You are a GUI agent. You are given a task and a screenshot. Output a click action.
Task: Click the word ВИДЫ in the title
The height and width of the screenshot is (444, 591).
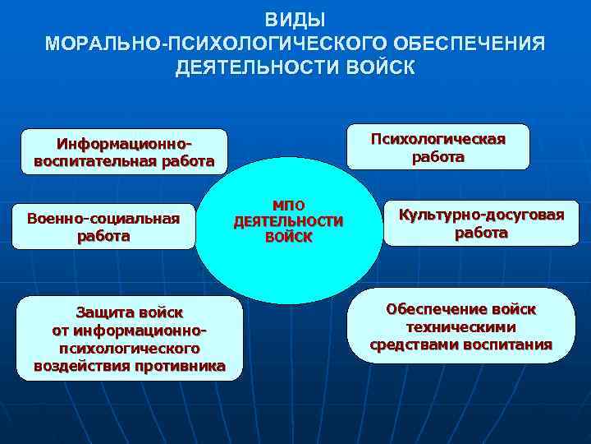point(295,19)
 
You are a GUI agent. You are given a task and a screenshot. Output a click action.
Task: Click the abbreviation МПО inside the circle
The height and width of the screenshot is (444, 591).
point(289,205)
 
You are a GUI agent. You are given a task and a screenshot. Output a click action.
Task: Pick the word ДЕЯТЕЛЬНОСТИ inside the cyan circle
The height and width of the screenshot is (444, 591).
point(289,221)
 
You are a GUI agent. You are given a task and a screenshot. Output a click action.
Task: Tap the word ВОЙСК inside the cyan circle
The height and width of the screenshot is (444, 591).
point(289,238)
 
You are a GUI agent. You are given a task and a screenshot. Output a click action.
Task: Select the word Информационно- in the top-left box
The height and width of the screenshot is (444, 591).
point(124,144)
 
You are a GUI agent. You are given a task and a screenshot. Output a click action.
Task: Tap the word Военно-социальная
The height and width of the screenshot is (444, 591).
point(103,219)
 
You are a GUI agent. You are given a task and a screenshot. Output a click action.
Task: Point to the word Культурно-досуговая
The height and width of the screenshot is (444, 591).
point(481,215)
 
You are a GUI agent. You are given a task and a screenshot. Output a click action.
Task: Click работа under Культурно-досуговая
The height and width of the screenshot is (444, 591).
point(481,233)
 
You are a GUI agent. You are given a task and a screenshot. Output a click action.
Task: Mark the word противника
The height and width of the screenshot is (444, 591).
point(181,366)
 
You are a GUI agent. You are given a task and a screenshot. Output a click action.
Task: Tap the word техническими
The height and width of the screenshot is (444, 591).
point(460,326)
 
